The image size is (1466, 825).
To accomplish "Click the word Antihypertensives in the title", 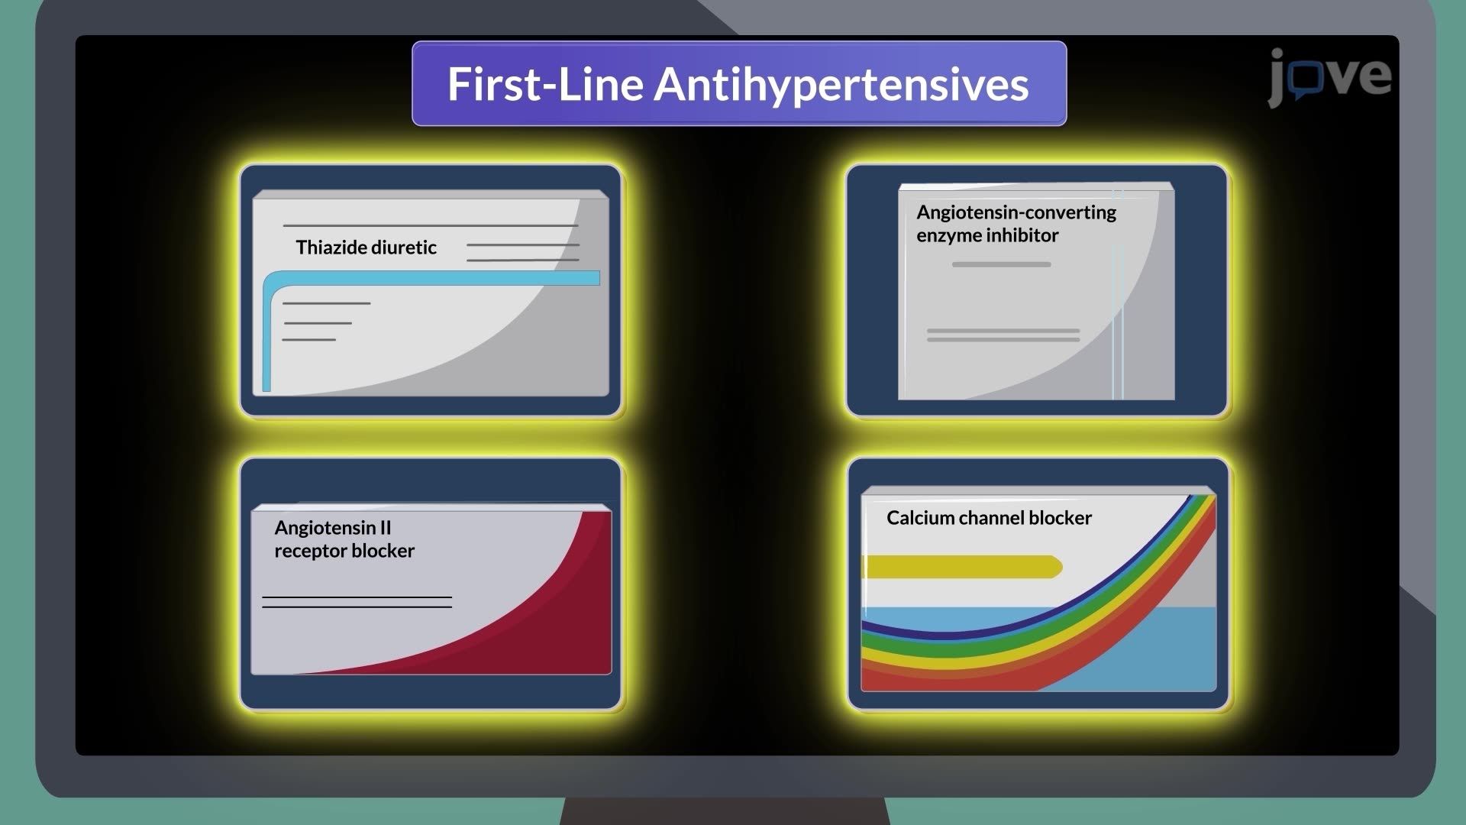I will (x=841, y=84).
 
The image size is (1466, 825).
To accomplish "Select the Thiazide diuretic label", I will (x=366, y=247).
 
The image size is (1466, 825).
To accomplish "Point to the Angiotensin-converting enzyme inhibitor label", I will (x=1016, y=224).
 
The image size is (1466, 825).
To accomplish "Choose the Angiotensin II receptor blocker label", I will (x=344, y=539).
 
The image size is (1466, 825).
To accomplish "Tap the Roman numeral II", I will (x=385, y=528).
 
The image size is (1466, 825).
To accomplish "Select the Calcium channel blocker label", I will (x=989, y=518).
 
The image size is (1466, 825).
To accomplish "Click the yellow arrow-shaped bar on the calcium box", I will (x=962, y=567).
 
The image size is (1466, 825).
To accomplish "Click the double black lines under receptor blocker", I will (x=357, y=602).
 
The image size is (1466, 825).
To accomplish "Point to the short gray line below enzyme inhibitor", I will (x=1001, y=264).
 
